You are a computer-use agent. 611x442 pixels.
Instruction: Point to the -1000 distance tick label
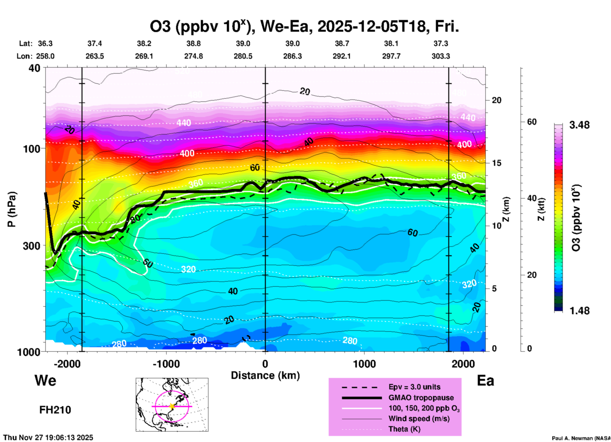166,364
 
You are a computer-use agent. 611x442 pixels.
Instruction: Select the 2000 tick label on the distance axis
463,364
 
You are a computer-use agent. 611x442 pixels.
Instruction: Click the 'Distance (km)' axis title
265,375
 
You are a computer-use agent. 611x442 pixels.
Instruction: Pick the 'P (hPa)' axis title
12,209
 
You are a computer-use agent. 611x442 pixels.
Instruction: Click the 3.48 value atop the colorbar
579,125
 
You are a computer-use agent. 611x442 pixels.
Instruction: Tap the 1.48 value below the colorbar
579,311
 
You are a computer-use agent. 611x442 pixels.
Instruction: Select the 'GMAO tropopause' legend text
421,398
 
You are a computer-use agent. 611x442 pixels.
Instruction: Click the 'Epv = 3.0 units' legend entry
414,387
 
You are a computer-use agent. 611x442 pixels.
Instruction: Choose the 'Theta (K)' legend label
404,429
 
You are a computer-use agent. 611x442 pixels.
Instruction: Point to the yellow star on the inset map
172,406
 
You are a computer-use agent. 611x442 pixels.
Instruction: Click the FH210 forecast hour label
55,410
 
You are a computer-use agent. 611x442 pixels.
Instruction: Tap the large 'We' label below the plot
45,380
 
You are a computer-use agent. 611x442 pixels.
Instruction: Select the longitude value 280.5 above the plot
243,56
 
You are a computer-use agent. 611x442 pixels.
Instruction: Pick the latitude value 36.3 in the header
45,43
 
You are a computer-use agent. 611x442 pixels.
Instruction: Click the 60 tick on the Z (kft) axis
532,122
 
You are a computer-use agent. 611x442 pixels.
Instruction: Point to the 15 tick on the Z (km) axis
496,163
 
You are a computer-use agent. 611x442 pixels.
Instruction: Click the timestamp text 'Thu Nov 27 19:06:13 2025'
48,438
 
